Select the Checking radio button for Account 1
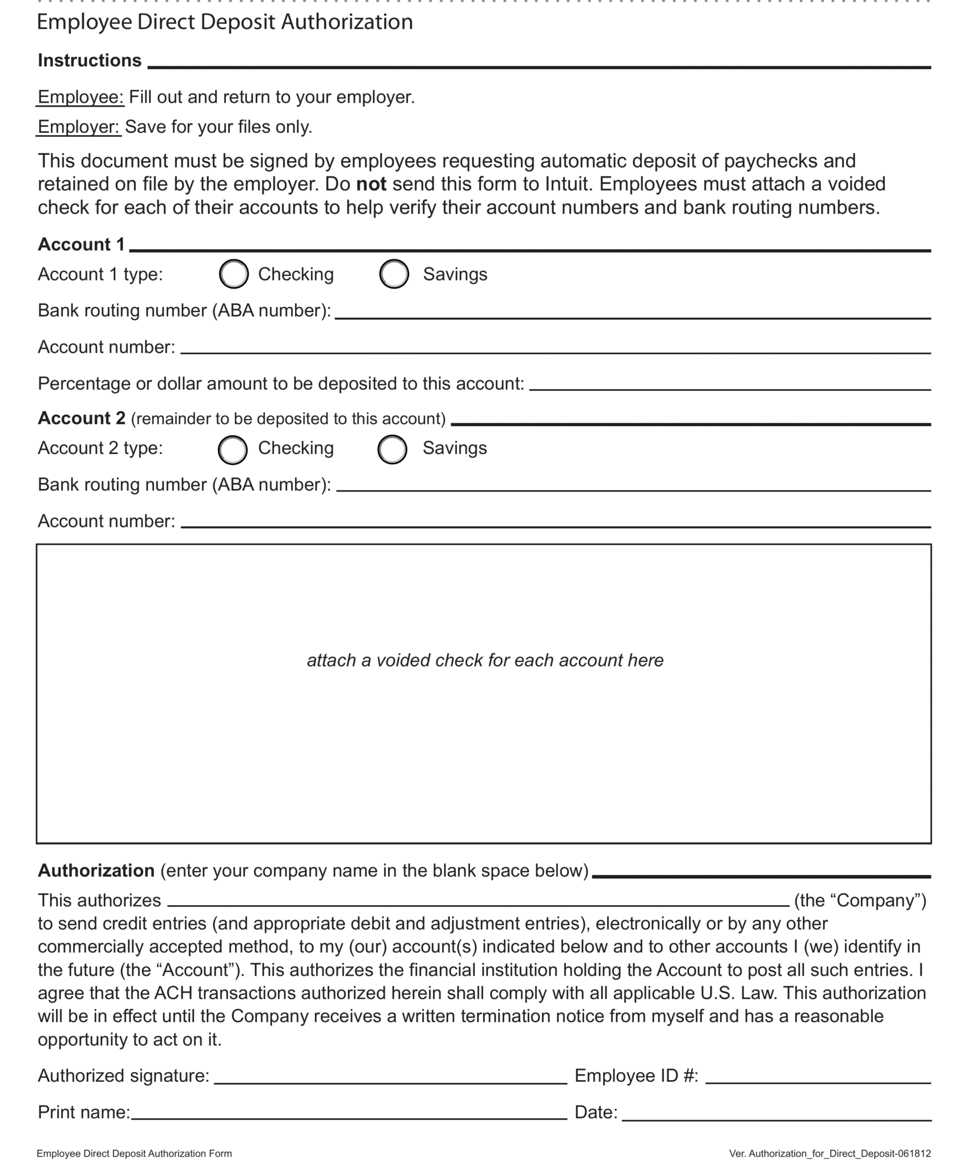coord(233,274)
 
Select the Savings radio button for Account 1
coord(394,274)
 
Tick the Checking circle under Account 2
coord(232,449)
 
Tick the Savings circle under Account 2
coord(392,449)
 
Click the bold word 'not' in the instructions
coord(371,184)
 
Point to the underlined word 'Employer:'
coord(79,127)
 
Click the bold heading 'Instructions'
coord(90,60)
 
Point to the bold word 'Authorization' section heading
coord(96,870)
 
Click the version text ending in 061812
coord(830,1153)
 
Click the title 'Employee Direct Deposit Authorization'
coord(225,22)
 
